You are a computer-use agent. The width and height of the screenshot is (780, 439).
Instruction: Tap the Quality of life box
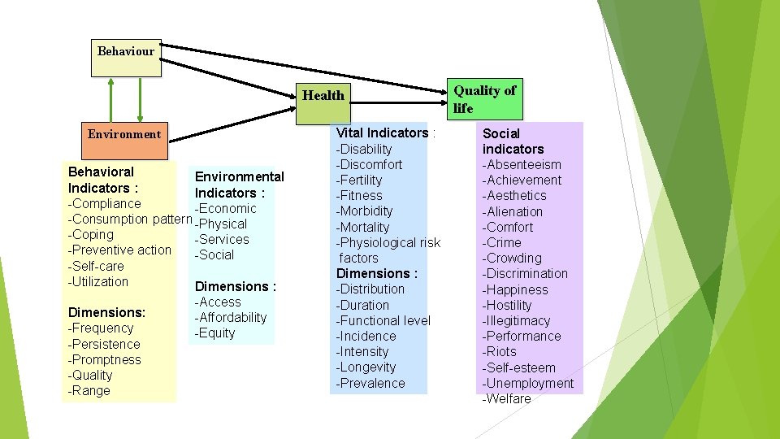point(485,99)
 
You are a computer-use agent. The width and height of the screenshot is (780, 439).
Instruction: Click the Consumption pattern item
point(131,219)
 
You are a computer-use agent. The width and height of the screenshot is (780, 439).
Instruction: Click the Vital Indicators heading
point(384,133)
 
